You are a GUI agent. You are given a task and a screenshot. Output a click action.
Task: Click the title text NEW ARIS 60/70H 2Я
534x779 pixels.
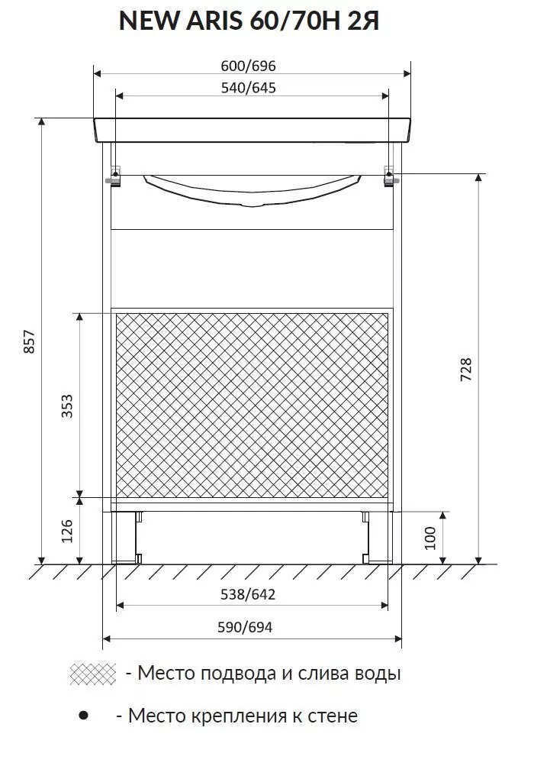[249, 21]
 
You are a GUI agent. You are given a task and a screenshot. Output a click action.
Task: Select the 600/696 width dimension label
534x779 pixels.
[248, 66]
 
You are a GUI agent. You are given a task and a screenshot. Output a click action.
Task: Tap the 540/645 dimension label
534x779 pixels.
[248, 88]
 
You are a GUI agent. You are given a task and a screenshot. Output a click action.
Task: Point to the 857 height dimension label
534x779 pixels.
[30, 341]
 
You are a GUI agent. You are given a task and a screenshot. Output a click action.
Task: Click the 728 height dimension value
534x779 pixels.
[467, 369]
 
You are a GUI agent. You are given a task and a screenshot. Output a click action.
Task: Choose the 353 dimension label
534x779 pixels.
[67, 406]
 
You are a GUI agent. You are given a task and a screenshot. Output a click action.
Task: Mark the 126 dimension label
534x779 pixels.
[67, 531]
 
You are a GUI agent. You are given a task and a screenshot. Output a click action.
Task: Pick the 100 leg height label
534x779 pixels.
[429, 538]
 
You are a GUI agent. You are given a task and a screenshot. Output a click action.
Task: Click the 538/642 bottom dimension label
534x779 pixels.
[248, 594]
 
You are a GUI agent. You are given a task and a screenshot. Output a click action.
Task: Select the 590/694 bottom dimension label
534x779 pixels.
[245, 628]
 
